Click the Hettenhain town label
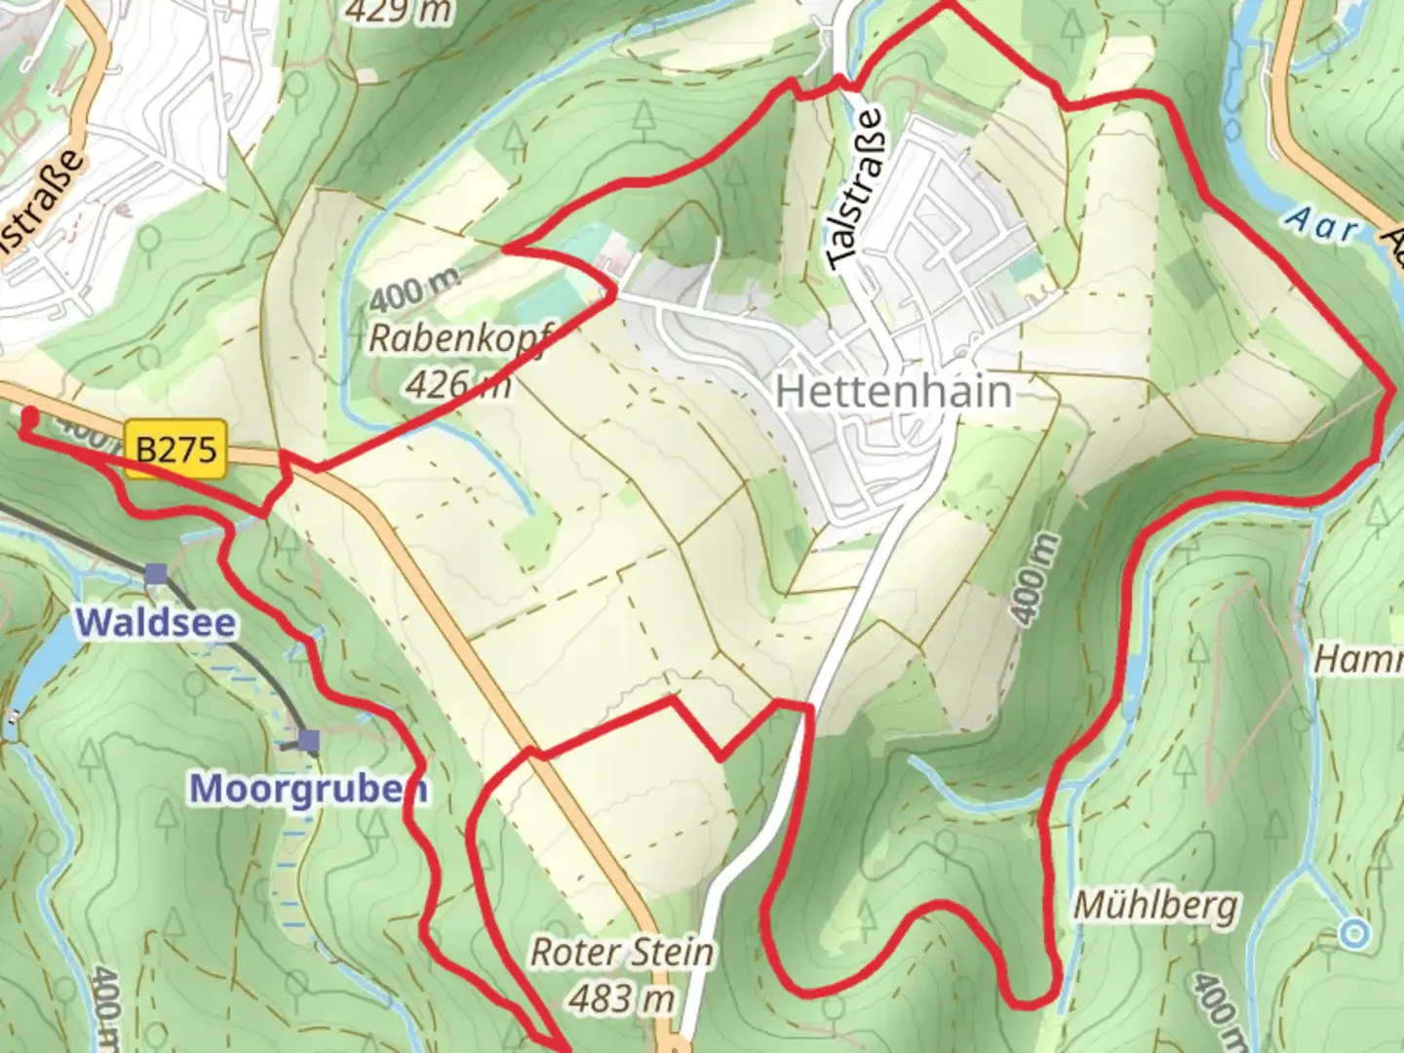coord(893,392)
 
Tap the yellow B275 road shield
coord(175,448)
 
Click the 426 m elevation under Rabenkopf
coord(456,384)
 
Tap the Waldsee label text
coord(156,622)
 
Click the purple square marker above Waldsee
coord(156,574)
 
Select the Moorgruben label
coord(308,788)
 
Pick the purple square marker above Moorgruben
coord(309,743)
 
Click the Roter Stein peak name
coord(621,953)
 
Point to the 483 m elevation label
coord(621,998)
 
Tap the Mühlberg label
coord(1155,906)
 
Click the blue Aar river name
coord(1321,226)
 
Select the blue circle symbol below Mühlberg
coord(1353,934)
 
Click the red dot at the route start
coord(29,417)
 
